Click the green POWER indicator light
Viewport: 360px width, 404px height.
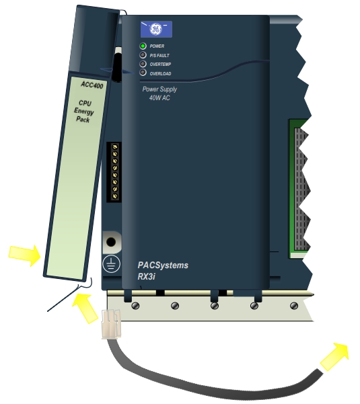[143, 46]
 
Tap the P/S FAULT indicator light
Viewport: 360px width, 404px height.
[143, 55]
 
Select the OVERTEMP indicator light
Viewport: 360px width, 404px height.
[143, 64]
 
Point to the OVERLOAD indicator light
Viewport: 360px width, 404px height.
[143, 73]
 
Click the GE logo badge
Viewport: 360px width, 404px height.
[156, 29]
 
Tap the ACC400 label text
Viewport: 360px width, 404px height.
[92, 85]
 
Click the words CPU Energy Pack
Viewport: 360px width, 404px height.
[84, 112]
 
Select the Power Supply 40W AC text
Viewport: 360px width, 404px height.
[159, 93]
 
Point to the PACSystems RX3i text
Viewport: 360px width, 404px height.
[163, 270]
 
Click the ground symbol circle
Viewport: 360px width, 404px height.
[111, 264]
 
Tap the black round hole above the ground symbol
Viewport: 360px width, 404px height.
[111, 242]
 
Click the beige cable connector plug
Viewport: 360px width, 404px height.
[111, 324]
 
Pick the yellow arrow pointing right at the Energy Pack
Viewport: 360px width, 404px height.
[25, 255]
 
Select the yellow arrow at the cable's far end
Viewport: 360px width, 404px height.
[334, 356]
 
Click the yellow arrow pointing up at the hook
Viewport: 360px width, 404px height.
[85, 308]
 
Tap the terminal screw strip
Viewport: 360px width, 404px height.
[114, 172]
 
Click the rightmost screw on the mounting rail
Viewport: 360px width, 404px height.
[294, 306]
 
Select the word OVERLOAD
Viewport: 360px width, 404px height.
[160, 74]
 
